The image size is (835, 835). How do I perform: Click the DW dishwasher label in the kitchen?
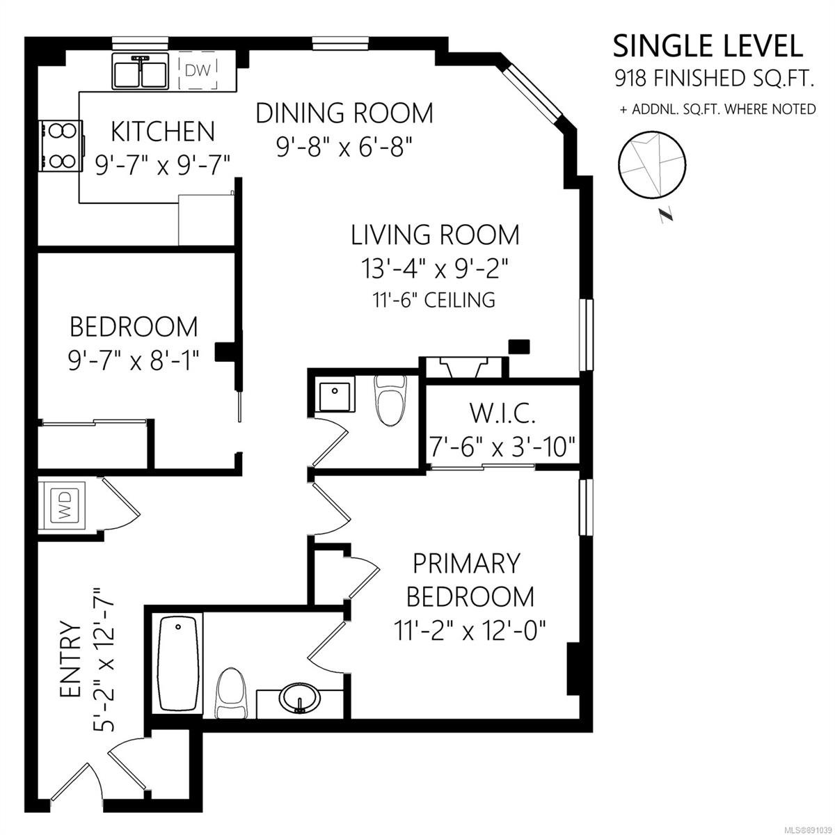click(x=198, y=70)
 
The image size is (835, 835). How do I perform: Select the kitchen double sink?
click(x=141, y=71)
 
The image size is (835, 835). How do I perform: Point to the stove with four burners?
click(x=61, y=145)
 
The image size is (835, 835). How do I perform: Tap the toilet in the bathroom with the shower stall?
click(x=391, y=400)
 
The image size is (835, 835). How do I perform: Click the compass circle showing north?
click(x=651, y=165)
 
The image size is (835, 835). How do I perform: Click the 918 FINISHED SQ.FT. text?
click(x=714, y=79)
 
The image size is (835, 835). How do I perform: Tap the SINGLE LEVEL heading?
click(x=708, y=46)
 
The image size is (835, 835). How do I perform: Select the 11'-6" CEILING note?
click(x=434, y=300)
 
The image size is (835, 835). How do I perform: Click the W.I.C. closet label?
click(x=502, y=413)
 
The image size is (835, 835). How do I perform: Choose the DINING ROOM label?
click(x=344, y=113)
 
